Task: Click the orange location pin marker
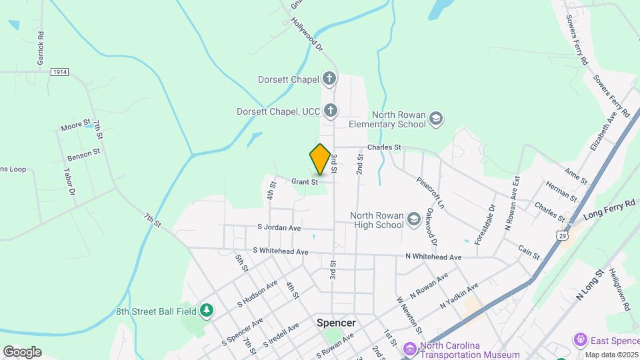click(321, 159)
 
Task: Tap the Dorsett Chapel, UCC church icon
click(330, 109)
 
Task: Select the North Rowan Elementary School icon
click(436, 118)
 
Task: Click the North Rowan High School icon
click(414, 219)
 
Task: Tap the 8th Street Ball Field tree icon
click(207, 309)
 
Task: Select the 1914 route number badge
click(59, 71)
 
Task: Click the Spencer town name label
click(336, 323)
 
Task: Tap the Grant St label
click(304, 181)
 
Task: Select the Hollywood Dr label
click(307, 35)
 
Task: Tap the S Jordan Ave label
click(279, 227)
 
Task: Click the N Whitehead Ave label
click(433, 257)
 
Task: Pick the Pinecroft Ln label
click(430, 193)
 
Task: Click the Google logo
click(22, 351)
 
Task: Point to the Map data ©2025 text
click(611, 355)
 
